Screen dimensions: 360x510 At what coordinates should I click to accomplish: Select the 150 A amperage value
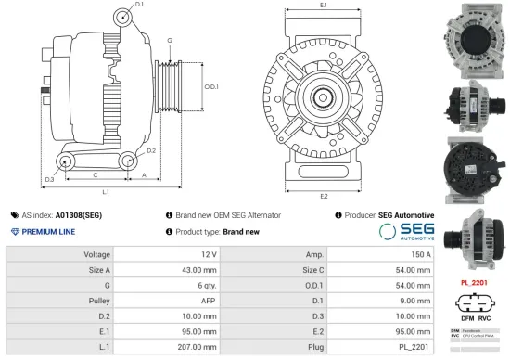(x=417, y=253)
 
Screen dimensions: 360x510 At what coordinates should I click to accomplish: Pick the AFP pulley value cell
(x=209, y=302)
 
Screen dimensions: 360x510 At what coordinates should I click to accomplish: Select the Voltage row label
(x=97, y=253)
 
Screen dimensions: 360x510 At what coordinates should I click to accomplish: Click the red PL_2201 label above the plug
(x=474, y=281)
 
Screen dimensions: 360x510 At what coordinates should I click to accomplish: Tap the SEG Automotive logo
(x=406, y=231)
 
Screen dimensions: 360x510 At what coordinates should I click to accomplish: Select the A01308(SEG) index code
(x=78, y=214)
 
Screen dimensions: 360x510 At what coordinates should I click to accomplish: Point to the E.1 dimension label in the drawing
(x=323, y=6)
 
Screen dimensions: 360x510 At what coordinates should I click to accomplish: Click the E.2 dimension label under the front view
(x=323, y=197)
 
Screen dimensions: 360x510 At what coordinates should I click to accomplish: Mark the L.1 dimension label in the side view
(x=106, y=192)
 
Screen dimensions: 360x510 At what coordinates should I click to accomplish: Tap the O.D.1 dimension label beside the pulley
(x=210, y=86)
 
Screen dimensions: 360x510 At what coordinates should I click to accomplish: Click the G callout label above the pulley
(x=170, y=42)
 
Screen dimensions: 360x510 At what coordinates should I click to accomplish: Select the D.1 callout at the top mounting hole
(x=139, y=6)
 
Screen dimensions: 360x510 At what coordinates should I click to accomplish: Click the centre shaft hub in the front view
(x=324, y=96)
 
